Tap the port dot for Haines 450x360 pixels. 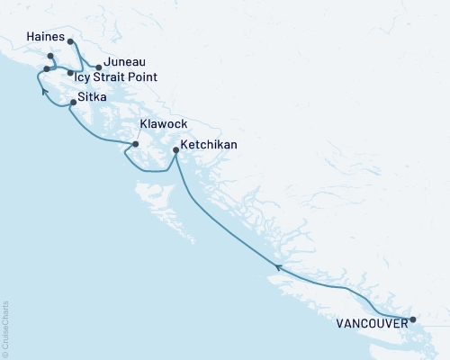pyautogui.click(x=70, y=40)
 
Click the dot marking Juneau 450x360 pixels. pyautogui.click(x=98, y=67)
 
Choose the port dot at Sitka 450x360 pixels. pyautogui.click(x=73, y=103)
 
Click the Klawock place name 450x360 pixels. pyautogui.click(x=163, y=126)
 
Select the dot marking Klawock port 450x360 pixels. pyautogui.click(x=135, y=144)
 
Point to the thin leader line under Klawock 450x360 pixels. pyautogui.click(x=141, y=138)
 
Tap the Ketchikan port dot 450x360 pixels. pyautogui.click(x=175, y=151)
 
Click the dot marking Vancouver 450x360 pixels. pyautogui.click(x=413, y=319)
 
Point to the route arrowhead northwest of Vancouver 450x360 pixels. pyautogui.click(x=278, y=267)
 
